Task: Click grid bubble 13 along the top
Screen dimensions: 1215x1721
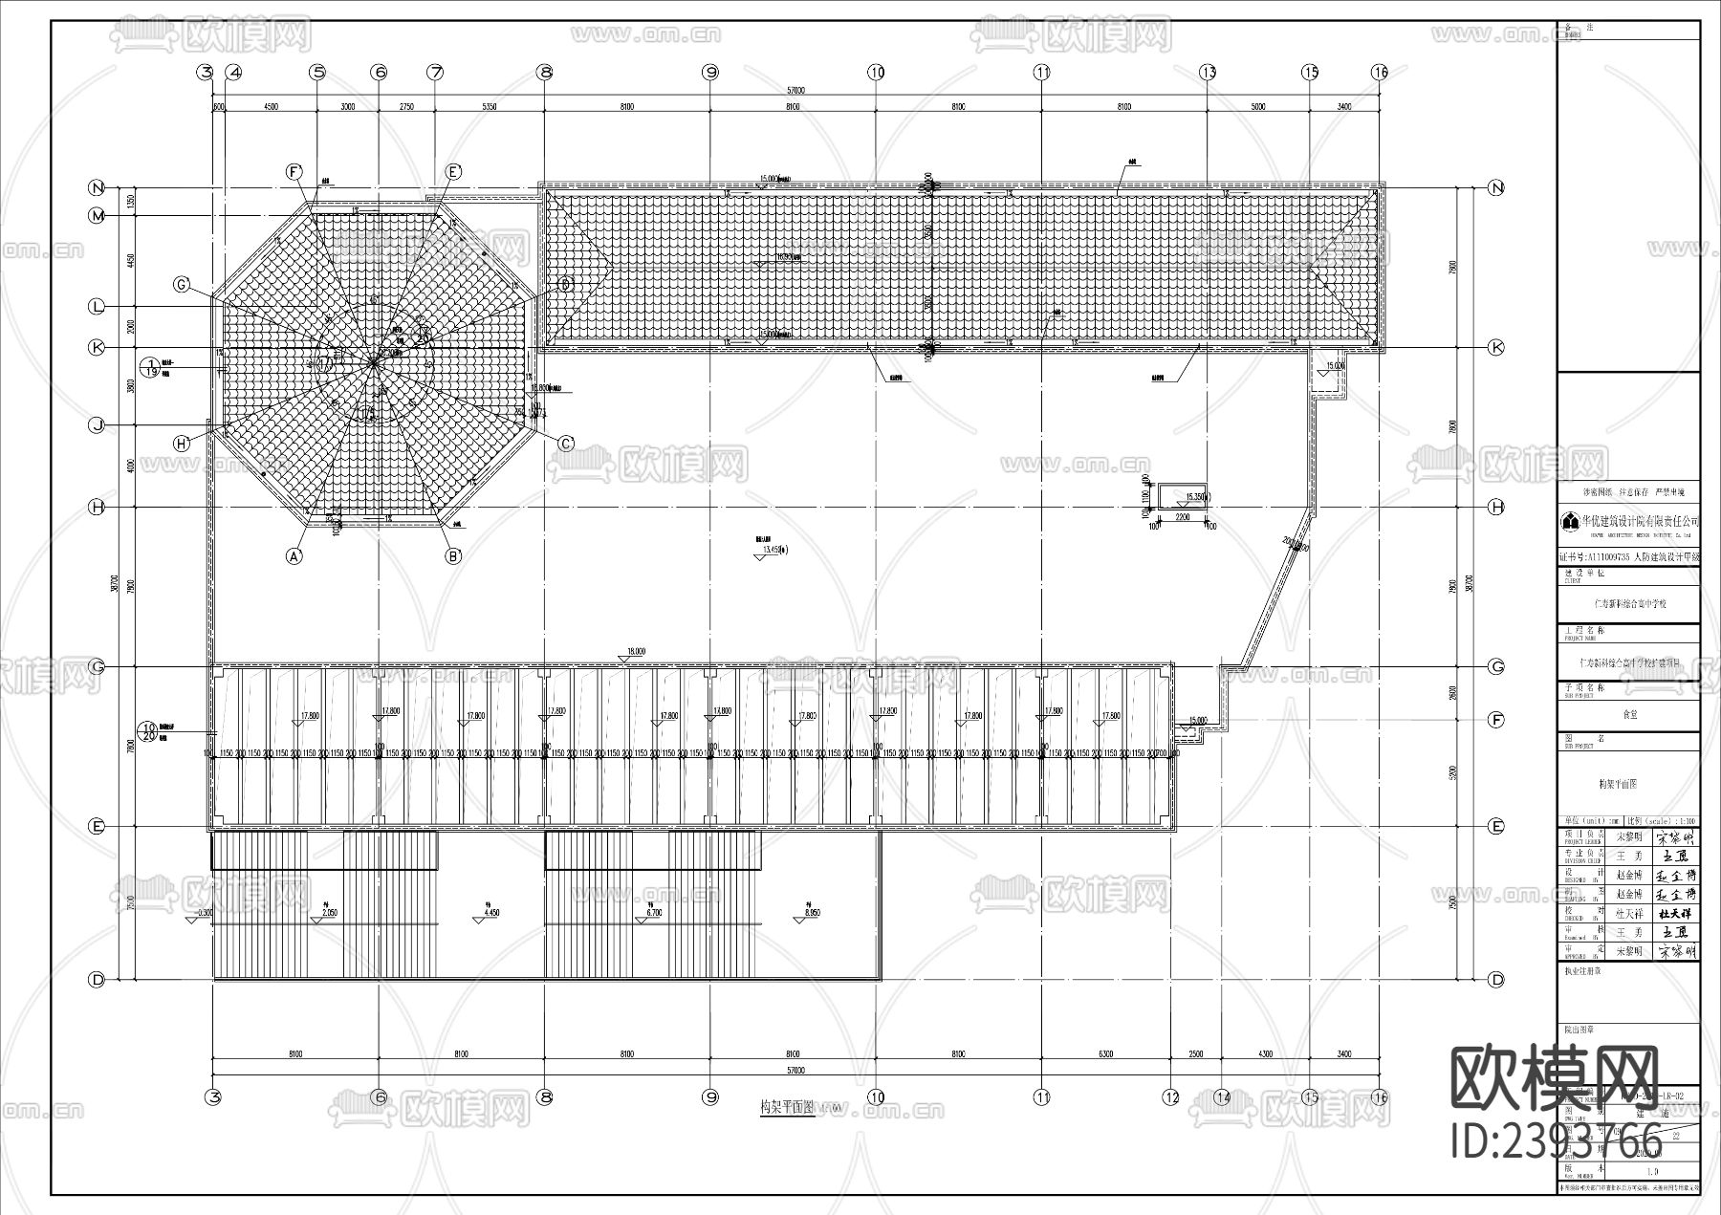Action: [x=1209, y=72]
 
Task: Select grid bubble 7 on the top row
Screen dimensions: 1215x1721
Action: [x=435, y=72]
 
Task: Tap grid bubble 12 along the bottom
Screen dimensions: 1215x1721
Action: [x=1172, y=1097]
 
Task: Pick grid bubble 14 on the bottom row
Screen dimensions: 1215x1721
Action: [x=1222, y=1097]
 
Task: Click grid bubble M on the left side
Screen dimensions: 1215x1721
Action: [x=97, y=216]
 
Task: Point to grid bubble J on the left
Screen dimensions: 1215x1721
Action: [x=97, y=425]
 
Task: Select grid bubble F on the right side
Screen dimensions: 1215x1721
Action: [x=1496, y=720]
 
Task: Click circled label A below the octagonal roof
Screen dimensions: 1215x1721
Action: [x=294, y=554]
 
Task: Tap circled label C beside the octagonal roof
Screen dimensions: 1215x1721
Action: [x=566, y=443]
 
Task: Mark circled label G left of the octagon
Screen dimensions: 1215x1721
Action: [x=181, y=285]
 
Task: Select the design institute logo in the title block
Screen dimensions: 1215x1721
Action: [x=1570, y=522]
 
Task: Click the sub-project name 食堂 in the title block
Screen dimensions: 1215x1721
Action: [x=1629, y=714]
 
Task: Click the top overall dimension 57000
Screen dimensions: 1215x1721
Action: [x=795, y=91]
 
